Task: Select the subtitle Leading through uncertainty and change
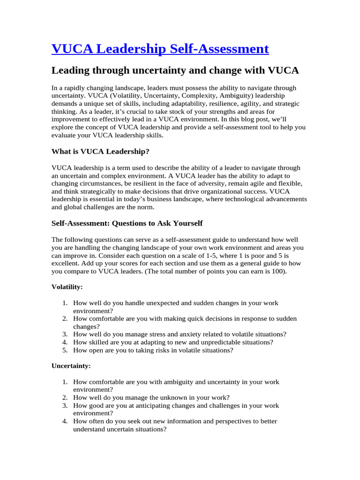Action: pyautogui.click(x=175, y=70)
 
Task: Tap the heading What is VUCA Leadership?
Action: pyautogui.click(x=100, y=151)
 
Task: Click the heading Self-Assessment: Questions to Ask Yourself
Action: pyautogui.click(x=127, y=223)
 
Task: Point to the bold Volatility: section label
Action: pyautogui.click(x=67, y=286)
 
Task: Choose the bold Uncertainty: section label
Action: pyautogui.click(x=71, y=365)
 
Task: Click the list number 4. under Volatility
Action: pyautogui.click(x=65, y=342)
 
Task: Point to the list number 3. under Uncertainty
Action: pyautogui.click(x=65, y=405)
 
